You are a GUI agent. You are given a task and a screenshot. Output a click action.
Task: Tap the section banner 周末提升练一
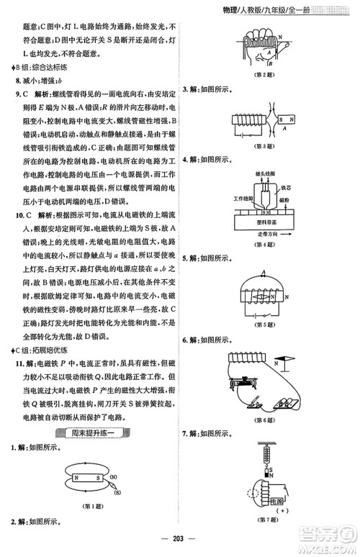(x=90, y=432)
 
